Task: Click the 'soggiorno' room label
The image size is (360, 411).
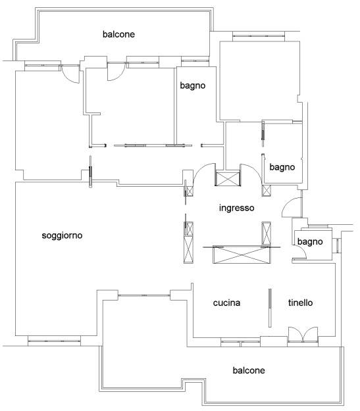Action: click(62, 235)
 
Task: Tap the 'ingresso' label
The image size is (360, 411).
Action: click(237, 208)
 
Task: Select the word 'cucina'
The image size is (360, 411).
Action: click(226, 302)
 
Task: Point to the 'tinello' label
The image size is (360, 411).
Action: click(300, 302)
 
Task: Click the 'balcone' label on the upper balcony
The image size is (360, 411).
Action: click(118, 34)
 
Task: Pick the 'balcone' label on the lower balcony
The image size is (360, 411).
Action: click(249, 370)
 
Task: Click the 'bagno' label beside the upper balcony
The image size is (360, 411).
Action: click(193, 85)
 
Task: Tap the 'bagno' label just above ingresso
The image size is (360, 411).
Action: click(282, 167)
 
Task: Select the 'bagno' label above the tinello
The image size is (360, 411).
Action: click(310, 241)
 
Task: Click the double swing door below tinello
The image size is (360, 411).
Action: click(303, 335)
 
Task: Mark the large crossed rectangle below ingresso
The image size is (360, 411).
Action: click(242, 254)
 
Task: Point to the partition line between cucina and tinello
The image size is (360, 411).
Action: click(270, 308)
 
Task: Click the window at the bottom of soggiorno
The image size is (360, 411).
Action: click(54, 341)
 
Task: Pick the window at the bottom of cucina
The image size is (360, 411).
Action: click(240, 342)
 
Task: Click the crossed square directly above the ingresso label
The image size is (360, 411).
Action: click(228, 178)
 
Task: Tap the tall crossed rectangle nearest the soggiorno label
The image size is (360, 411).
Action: click(189, 249)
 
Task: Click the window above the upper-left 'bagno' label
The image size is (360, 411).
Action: click(195, 61)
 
